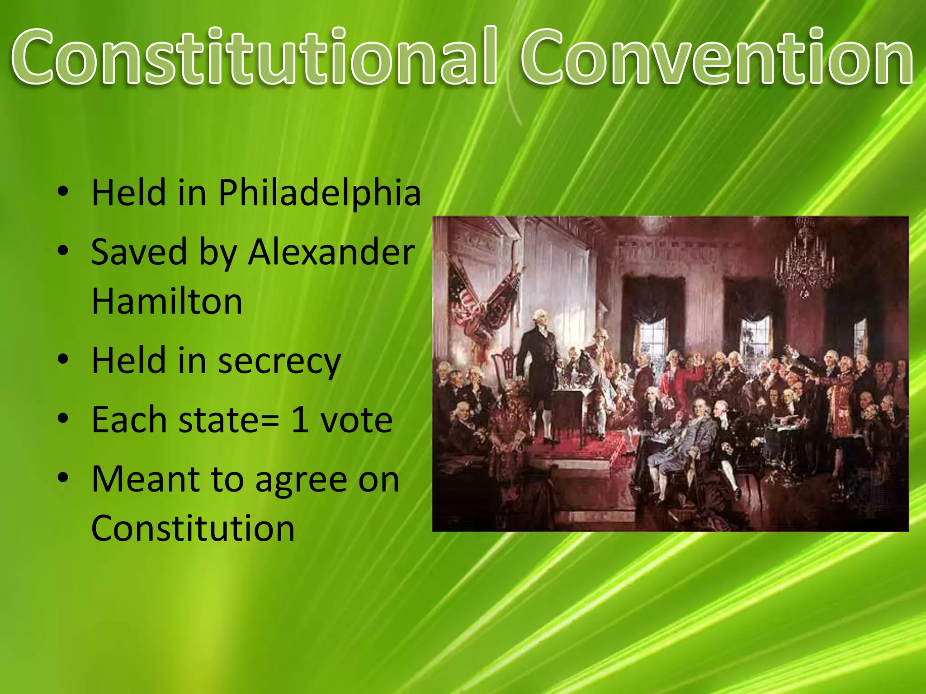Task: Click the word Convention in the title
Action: point(717,56)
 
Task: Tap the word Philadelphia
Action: point(320,193)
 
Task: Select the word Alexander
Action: point(331,252)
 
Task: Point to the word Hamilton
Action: point(167,301)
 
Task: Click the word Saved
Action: point(139,252)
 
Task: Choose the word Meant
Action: point(145,480)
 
